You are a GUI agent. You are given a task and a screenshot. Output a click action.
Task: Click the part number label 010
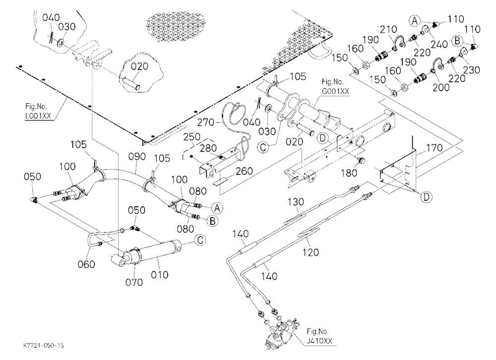coord(159,275)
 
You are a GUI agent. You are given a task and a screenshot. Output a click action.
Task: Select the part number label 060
coord(86,264)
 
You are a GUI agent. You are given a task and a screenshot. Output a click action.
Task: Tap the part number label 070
coord(134,282)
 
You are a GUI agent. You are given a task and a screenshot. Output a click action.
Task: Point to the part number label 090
coord(137,157)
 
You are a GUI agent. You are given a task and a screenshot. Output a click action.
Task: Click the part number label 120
coord(310,252)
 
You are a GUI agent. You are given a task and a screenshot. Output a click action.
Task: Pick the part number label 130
coord(296,202)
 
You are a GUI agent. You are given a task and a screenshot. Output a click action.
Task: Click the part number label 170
coord(435,148)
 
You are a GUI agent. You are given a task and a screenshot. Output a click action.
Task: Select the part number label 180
coord(349,173)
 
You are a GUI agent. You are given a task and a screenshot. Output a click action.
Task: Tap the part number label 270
coord(206,122)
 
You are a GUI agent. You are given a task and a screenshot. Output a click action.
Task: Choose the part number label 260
coord(244,171)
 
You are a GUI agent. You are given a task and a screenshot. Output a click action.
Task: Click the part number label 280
coord(208,148)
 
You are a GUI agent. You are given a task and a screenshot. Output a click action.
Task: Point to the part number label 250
coord(191,137)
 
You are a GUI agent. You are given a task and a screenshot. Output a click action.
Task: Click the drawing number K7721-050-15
coord(44,346)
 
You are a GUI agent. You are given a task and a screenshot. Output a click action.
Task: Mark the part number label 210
coord(388,29)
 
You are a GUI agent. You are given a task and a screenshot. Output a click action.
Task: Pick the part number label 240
coord(439,44)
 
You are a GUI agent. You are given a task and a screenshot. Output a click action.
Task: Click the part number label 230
coord(471,69)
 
